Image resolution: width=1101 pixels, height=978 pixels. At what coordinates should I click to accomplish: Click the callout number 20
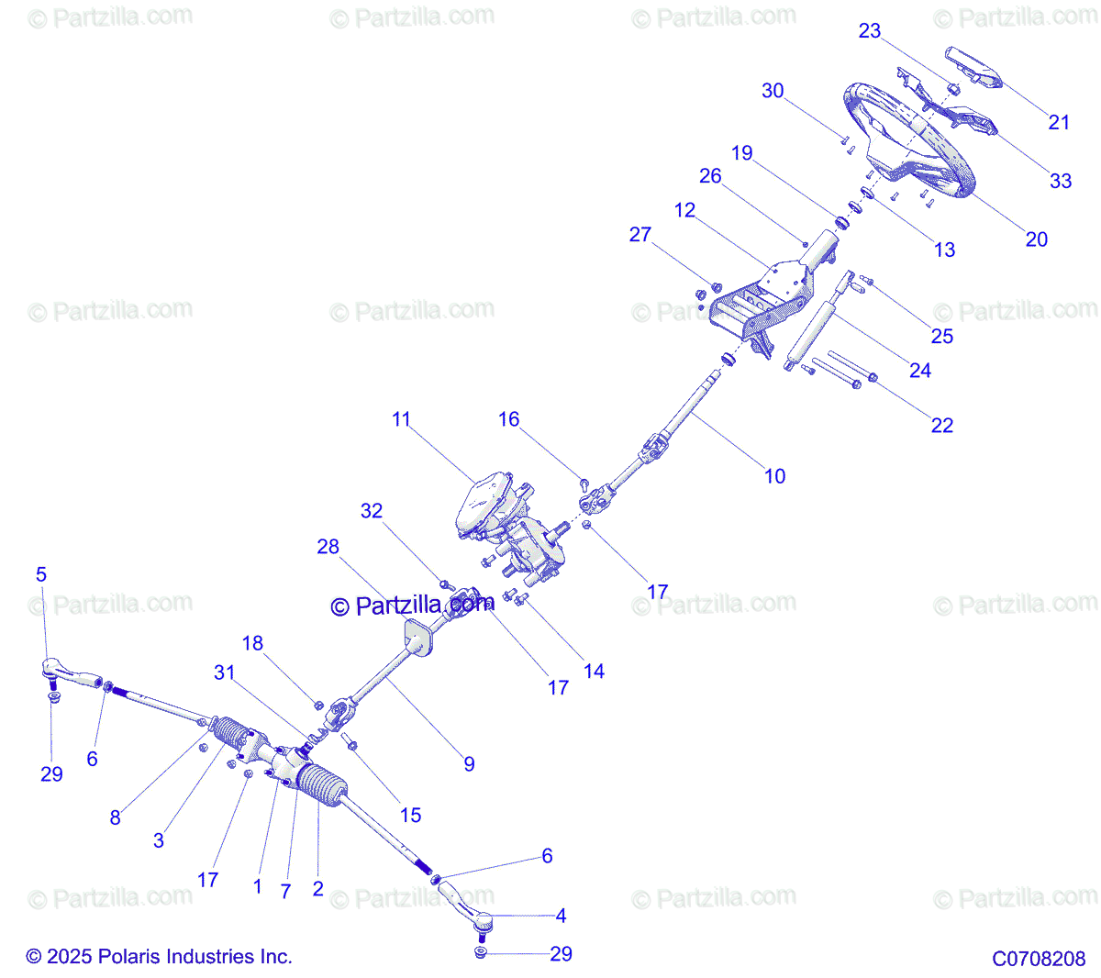click(x=1036, y=239)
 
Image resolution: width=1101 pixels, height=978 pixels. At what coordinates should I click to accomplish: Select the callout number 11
click(x=401, y=419)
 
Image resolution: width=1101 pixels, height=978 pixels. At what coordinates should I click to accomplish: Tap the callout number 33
click(x=1061, y=181)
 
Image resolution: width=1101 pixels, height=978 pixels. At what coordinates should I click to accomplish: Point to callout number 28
click(x=328, y=547)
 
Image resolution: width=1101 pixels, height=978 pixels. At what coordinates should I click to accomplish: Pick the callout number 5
click(x=41, y=574)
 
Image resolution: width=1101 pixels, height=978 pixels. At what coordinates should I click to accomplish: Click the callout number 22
click(x=942, y=425)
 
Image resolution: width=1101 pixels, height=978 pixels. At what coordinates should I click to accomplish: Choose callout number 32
click(x=372, y=511)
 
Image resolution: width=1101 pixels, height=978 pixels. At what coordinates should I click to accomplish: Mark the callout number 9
click(x=469, y=763)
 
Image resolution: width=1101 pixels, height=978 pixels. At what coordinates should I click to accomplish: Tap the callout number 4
click(x=561, y=916)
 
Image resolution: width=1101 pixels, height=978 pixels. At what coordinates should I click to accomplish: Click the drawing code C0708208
click(x=1039, y=959)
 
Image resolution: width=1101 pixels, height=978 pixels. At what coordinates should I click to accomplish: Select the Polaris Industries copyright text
click(x=160, y=957)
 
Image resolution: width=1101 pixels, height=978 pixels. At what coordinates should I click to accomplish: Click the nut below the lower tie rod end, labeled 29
click(x=480, y=954)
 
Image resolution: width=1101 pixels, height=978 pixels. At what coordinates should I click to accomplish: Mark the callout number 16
click(x=508, y=419)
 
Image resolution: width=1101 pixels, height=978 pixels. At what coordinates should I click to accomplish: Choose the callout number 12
click(x=684, y=210)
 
